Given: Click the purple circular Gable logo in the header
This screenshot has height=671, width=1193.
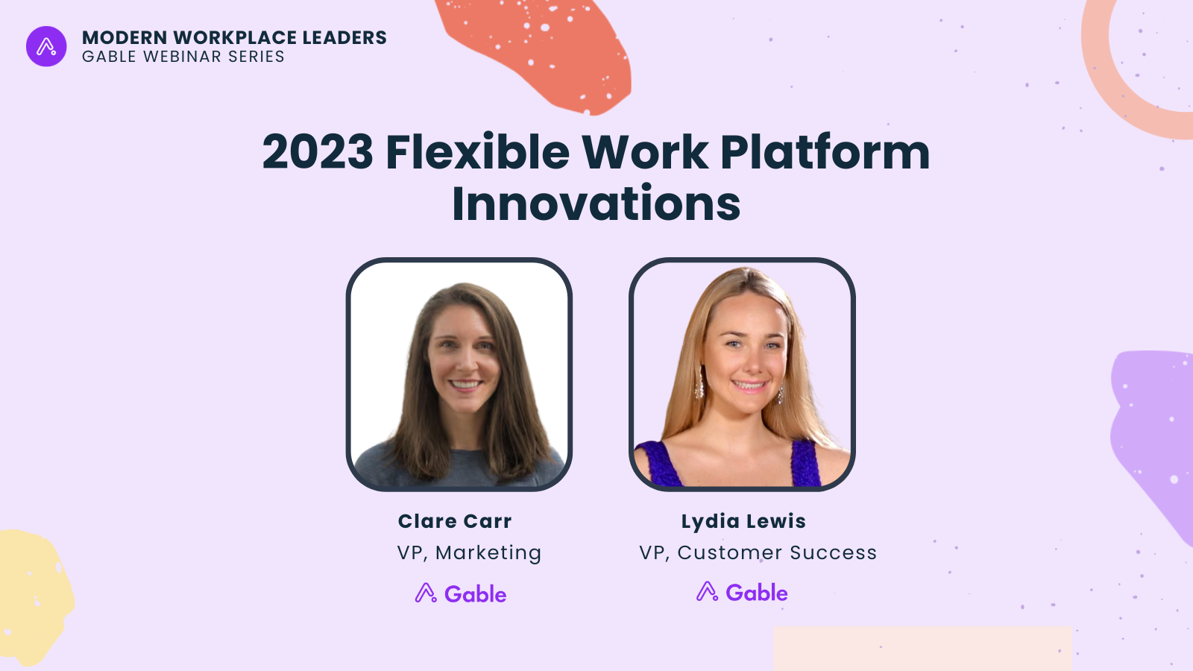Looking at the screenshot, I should (46, 46).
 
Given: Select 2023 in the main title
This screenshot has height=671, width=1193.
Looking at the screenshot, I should (318, 152).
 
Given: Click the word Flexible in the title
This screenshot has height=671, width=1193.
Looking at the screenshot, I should (478, 152).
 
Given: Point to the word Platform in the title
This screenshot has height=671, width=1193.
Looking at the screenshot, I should (825, 152).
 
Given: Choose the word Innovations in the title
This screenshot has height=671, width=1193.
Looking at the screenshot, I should (596, 204).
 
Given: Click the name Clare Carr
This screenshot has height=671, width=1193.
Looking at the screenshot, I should (455, 521).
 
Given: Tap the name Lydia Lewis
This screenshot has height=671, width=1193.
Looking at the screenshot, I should (743, 521).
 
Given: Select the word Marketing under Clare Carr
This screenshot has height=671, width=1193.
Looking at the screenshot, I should (488, 552).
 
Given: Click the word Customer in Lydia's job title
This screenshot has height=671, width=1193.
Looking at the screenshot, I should (730, 552).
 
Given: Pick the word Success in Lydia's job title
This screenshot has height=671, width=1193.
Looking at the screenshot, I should (833, 552).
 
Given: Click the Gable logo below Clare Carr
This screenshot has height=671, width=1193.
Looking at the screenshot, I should (461, 593).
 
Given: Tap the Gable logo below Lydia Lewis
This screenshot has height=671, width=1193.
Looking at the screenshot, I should (742, 592).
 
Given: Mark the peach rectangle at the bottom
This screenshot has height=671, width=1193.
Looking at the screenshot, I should (922, 648).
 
